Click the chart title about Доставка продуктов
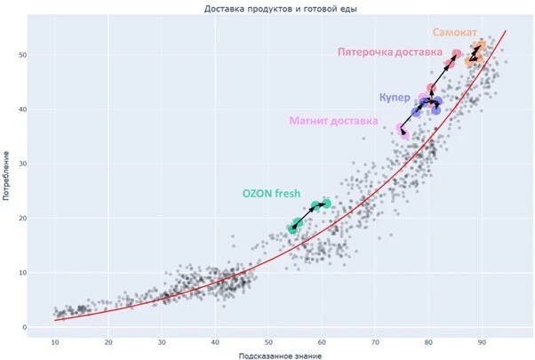pyautogui.click(x=267, y=9)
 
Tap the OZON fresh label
pyautogui.click(x=272, y=194)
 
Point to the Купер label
pyautogui.click(x=394, y=95)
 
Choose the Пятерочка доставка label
pyautogui.click(x=389, y=52)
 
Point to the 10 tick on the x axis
pyautogui.click(x=55, y=340)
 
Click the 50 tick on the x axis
pyautogui.click(x=268, y=340)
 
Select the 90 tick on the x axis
pyautogui.click(x=482, y=340)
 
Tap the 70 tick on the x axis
pyautogui.click(x=375, y=340)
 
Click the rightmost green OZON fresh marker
pyautogui.click(x=326, y=204)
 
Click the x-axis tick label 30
pyautogui.click(x=162, y=340)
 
